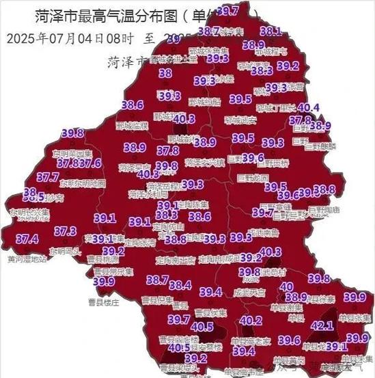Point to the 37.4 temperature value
coord(27,239)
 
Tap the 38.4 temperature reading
coord(180,285)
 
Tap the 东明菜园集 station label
coord(73,154)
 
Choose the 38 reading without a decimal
coord(165,73)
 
